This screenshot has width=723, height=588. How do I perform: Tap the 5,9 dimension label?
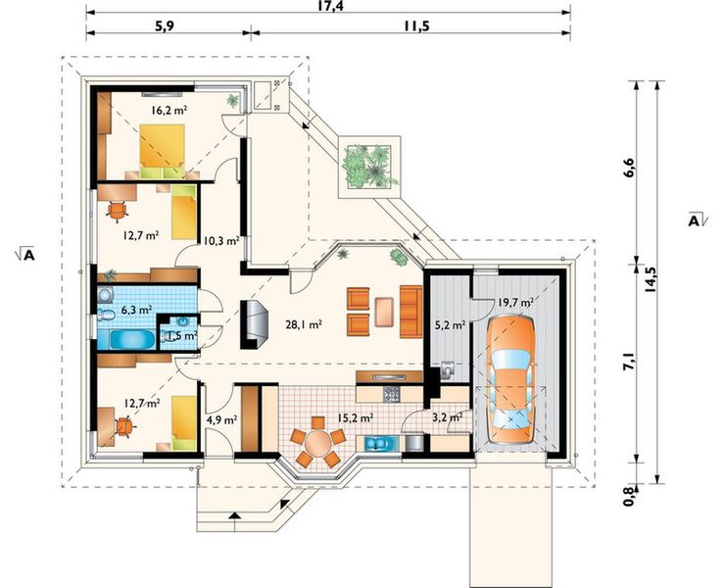(x=165, y=25)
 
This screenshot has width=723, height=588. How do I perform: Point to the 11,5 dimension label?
(x=416, y=25)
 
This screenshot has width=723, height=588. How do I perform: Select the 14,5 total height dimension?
(x=651, y=280)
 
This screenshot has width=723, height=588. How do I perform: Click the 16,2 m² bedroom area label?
(x=169, y=110)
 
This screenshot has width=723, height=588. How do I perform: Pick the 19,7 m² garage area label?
(x=515, y=303)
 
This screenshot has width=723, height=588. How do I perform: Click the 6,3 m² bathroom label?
(x=137, y=309)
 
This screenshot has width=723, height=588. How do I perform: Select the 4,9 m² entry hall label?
(x=221, y=419)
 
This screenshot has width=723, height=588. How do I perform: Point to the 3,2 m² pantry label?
(x=448, y=417)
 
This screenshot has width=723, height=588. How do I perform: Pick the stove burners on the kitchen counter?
(x=392, y=394)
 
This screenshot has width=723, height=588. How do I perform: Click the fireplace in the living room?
(x=255, y=324)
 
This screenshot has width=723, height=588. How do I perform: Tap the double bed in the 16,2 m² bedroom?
(x=163, y=151)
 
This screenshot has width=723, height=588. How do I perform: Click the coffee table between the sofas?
(x=385, y=312)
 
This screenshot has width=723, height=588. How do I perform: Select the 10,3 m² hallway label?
(x=220, y=240)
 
